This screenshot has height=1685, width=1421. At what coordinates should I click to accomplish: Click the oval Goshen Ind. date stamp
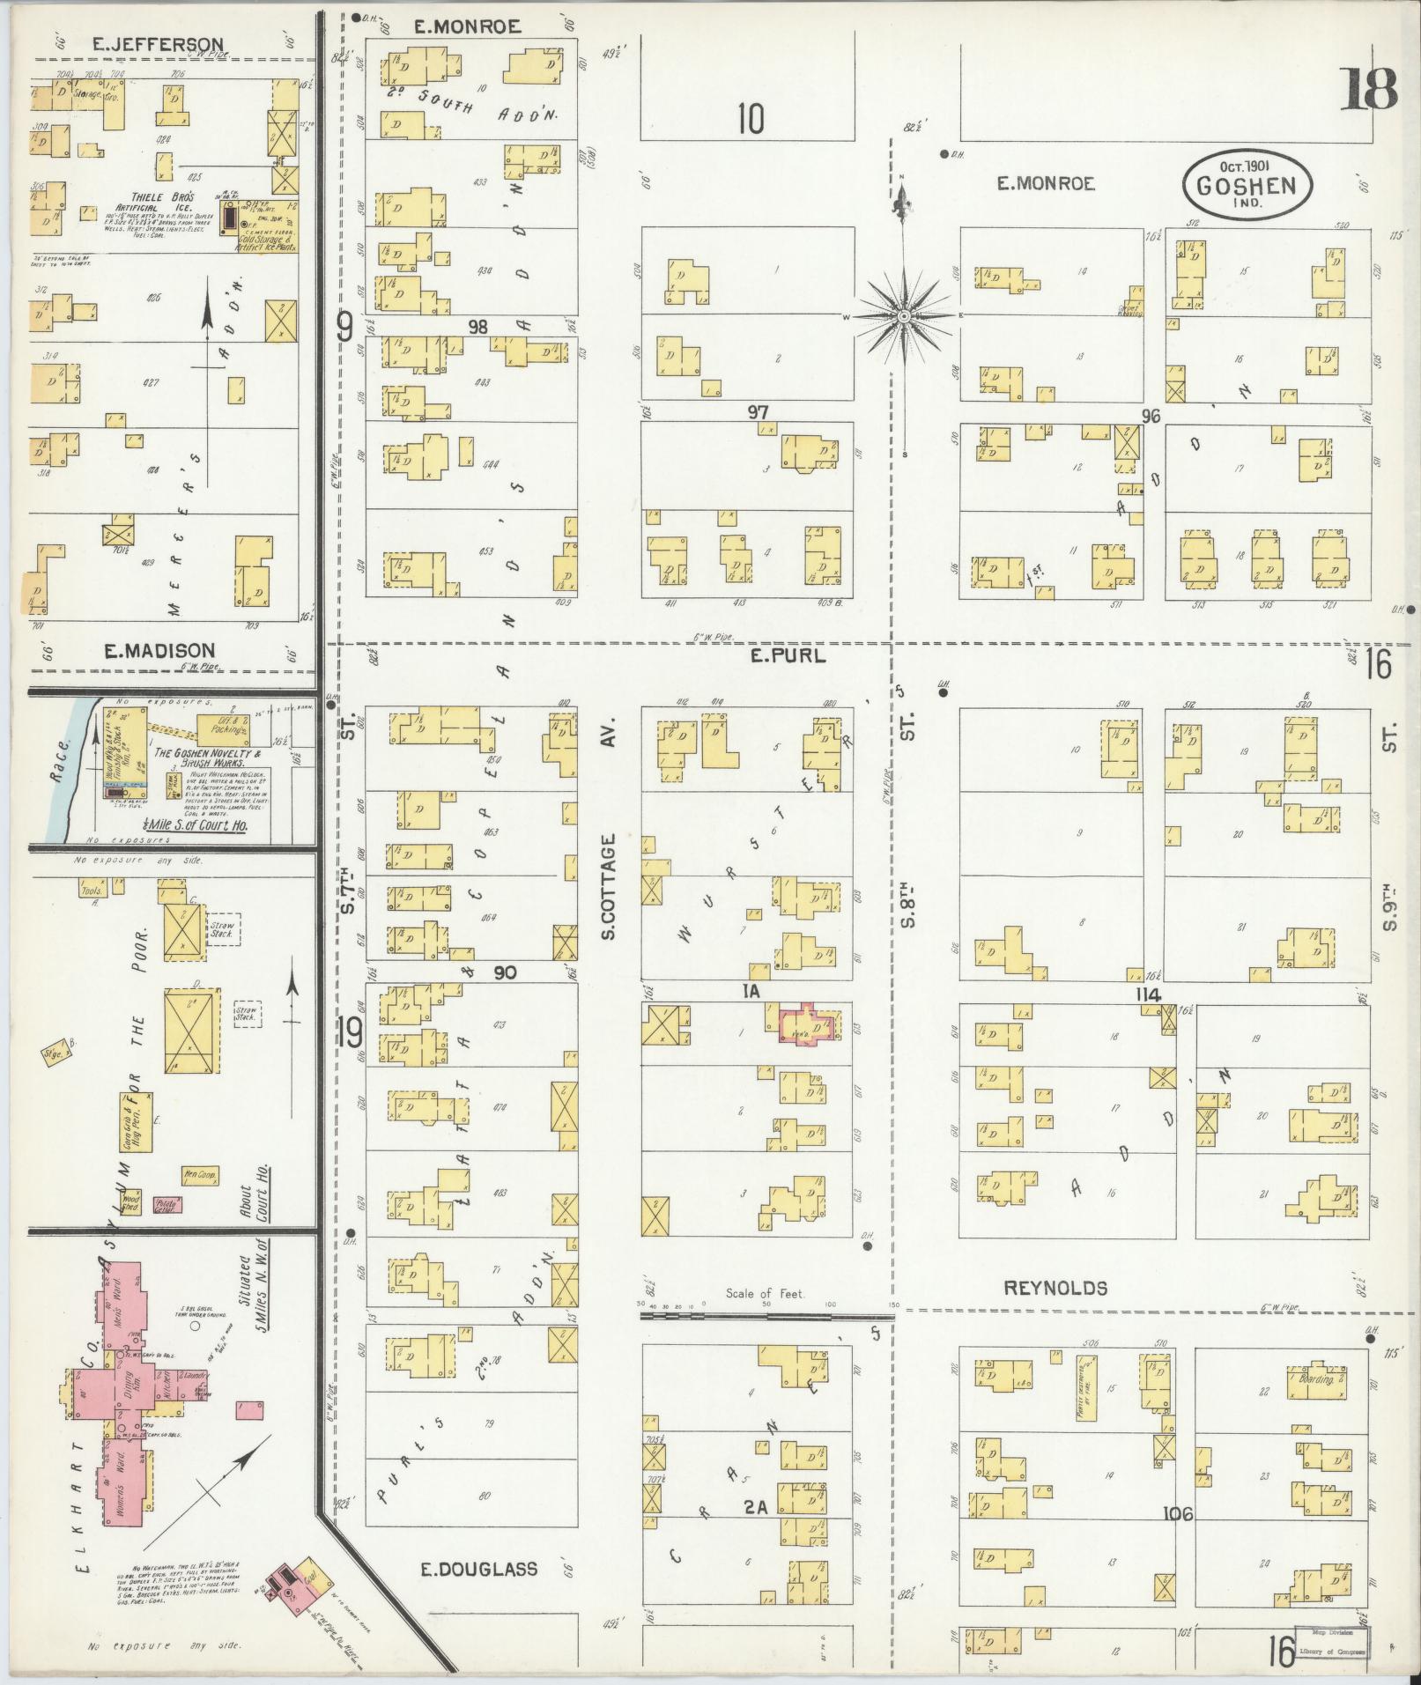(1247, 184)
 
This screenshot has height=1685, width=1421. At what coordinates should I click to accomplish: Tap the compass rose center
(904, 315)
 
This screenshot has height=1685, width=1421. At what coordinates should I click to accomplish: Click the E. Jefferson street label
(159, 43)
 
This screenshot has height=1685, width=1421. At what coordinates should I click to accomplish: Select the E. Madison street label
(159, 651)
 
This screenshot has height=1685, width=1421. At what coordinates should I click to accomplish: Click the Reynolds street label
(1055, 1289)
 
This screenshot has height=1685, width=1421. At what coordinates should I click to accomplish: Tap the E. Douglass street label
(480, 1569)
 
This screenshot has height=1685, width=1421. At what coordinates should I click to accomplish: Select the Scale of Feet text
(766, 1294)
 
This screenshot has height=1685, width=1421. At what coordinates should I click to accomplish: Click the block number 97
(759, 411)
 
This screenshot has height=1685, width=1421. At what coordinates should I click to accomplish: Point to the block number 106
(1177, 1514)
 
